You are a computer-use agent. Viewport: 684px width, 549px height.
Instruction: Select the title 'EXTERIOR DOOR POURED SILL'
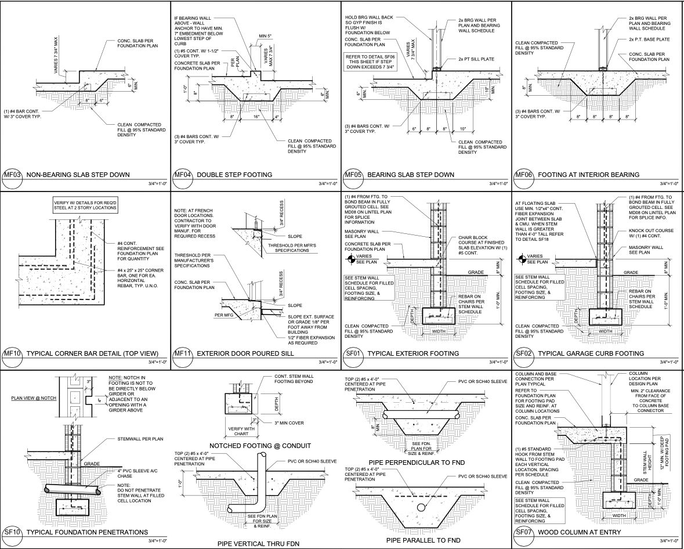tap(246, 353)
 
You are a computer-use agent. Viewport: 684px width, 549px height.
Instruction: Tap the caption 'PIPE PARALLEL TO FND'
tap(423, 540)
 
